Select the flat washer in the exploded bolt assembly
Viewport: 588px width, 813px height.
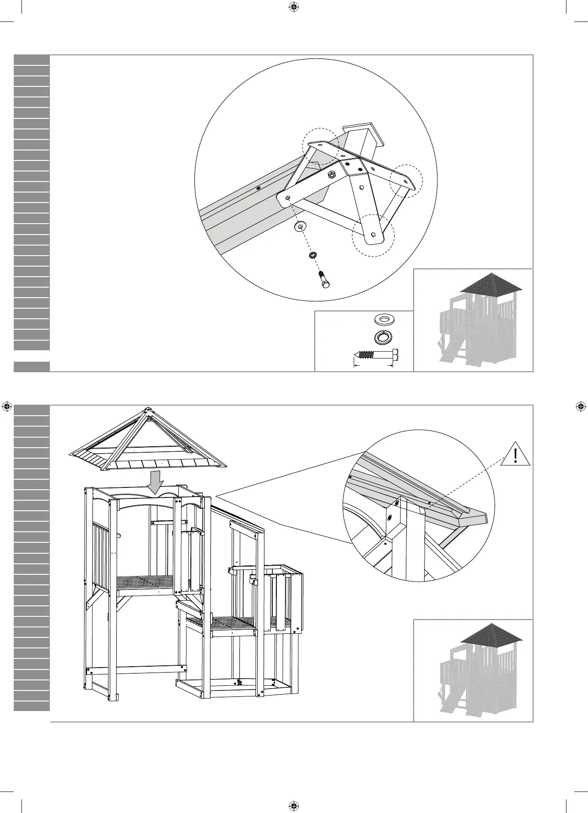pyautogui.click(x=300, y=226)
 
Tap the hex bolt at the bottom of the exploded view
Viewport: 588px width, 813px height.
pyautogui.click(x=323, y=279)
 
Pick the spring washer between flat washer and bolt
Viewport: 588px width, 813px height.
pyautogui.click(x=313, y=255)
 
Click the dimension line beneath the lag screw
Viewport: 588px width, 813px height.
pyautogui.click(x=373, y=365)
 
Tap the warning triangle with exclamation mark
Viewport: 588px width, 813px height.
pyautogui.click(x=516, y=455)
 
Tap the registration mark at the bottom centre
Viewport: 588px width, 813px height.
pyautogui.click(x=294, y=805)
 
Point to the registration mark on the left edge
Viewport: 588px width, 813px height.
pyautogui.click(x=7, y=406)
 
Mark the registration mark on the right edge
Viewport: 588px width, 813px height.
pyautogui.click(x=580, y=406)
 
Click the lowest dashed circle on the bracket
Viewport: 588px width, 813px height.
pyautogui.click(x=372, y=235)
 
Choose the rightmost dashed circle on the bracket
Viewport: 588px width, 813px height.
pyautogui.click(x=405, y=181)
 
